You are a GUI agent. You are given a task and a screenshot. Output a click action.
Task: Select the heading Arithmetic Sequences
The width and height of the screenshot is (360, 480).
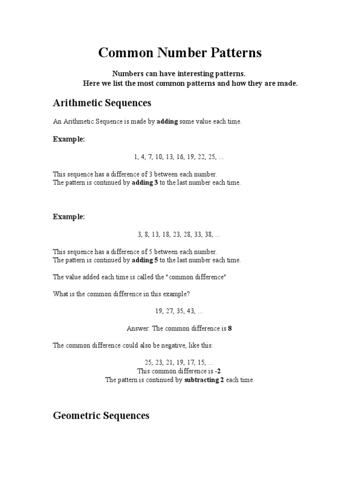click(102, 103)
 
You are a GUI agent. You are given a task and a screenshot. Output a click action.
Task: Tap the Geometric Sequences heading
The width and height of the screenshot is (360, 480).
click(101, 415)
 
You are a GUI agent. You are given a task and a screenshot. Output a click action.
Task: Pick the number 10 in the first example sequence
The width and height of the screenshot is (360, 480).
click(156, 157)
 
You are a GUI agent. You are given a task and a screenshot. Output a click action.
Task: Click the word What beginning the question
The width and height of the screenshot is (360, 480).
click(60, 294)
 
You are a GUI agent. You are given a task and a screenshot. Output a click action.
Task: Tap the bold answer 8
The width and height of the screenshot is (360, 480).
click(230, 328)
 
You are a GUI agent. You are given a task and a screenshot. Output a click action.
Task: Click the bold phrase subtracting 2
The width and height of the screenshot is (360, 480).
click(204, 380)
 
